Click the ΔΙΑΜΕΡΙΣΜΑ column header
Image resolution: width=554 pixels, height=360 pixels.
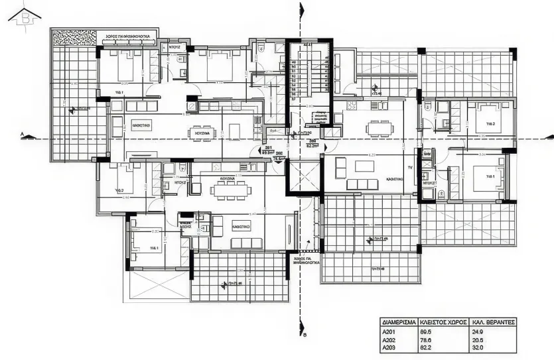399,323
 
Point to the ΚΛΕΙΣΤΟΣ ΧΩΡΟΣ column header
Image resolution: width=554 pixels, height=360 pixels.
444,323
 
